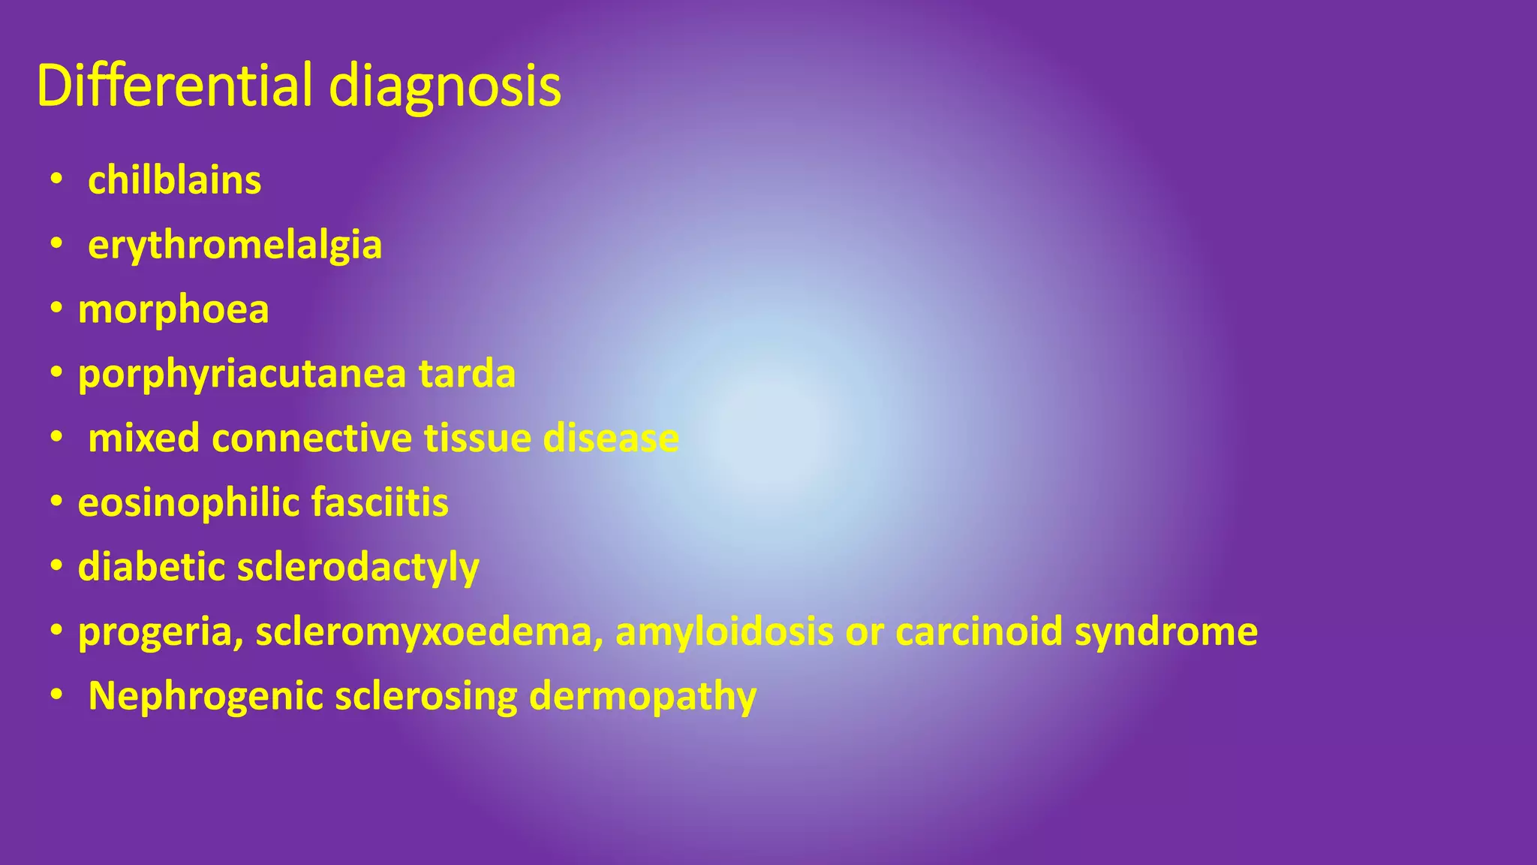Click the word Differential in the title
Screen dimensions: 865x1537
click(174, 86)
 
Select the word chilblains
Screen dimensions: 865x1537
click(175, 181)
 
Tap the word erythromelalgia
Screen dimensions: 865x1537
click(235, 246)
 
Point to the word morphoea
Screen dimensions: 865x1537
click(173, 310)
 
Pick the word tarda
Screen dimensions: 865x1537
click(467, 374)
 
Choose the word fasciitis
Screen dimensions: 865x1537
click(379, 502)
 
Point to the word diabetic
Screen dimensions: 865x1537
click(152, 567)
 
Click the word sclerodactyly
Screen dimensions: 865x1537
click(358, 568)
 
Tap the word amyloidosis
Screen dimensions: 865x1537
click(724, 632)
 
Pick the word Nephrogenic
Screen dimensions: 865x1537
click(206, 697)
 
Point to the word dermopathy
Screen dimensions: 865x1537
click(642, 698)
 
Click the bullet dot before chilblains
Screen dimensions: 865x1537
click(57, 180)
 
